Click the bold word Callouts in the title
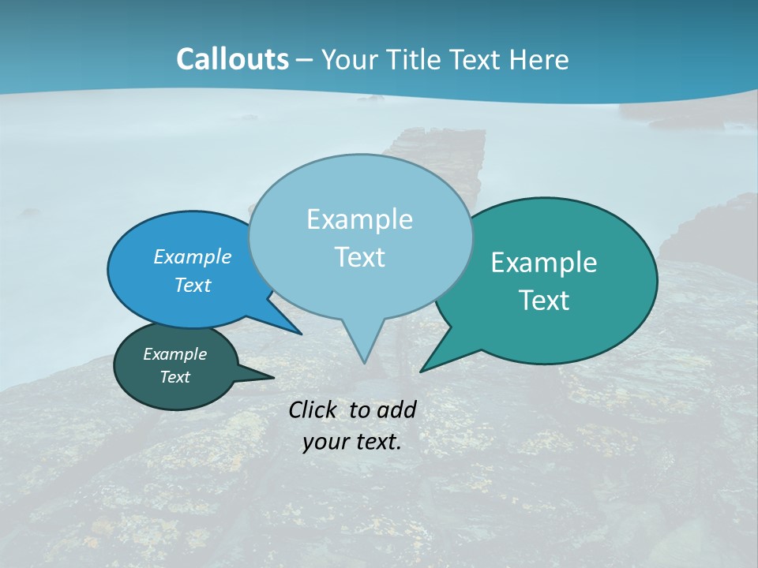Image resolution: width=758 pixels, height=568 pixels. point(232,59)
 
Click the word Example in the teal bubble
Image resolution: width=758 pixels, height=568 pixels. point(544,263)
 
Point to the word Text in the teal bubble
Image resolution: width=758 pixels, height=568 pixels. point(544,301)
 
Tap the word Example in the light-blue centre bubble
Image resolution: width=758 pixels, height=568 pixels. point(359,219)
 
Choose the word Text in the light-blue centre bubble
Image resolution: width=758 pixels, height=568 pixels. point(359,257)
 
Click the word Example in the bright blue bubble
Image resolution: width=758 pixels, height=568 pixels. point(193,256)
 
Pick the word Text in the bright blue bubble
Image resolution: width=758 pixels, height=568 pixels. point(193,285)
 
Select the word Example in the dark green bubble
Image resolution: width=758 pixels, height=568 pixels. point(175,354)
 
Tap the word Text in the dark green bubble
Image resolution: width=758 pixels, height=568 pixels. point(175,377)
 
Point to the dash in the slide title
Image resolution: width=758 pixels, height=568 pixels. point(306,60)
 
